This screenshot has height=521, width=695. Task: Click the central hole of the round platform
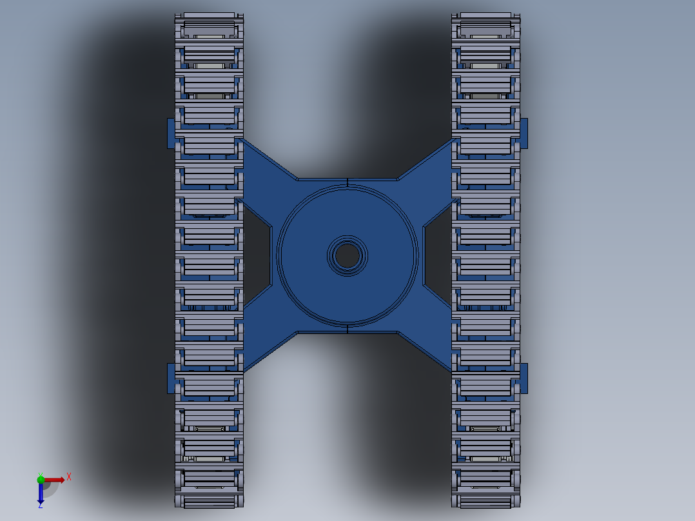(x=347, y=256)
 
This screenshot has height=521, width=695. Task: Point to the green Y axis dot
(x=41, y=479)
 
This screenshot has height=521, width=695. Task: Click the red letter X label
(x=69, y=477)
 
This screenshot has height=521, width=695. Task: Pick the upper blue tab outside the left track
(x=171, y=133)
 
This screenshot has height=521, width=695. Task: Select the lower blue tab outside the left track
(x=171, y=378)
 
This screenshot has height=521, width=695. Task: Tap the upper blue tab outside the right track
(x=524, y=133)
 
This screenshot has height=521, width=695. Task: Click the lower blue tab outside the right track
(x=524, y=378)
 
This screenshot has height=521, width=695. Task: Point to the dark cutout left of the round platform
(x=257, y=256)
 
